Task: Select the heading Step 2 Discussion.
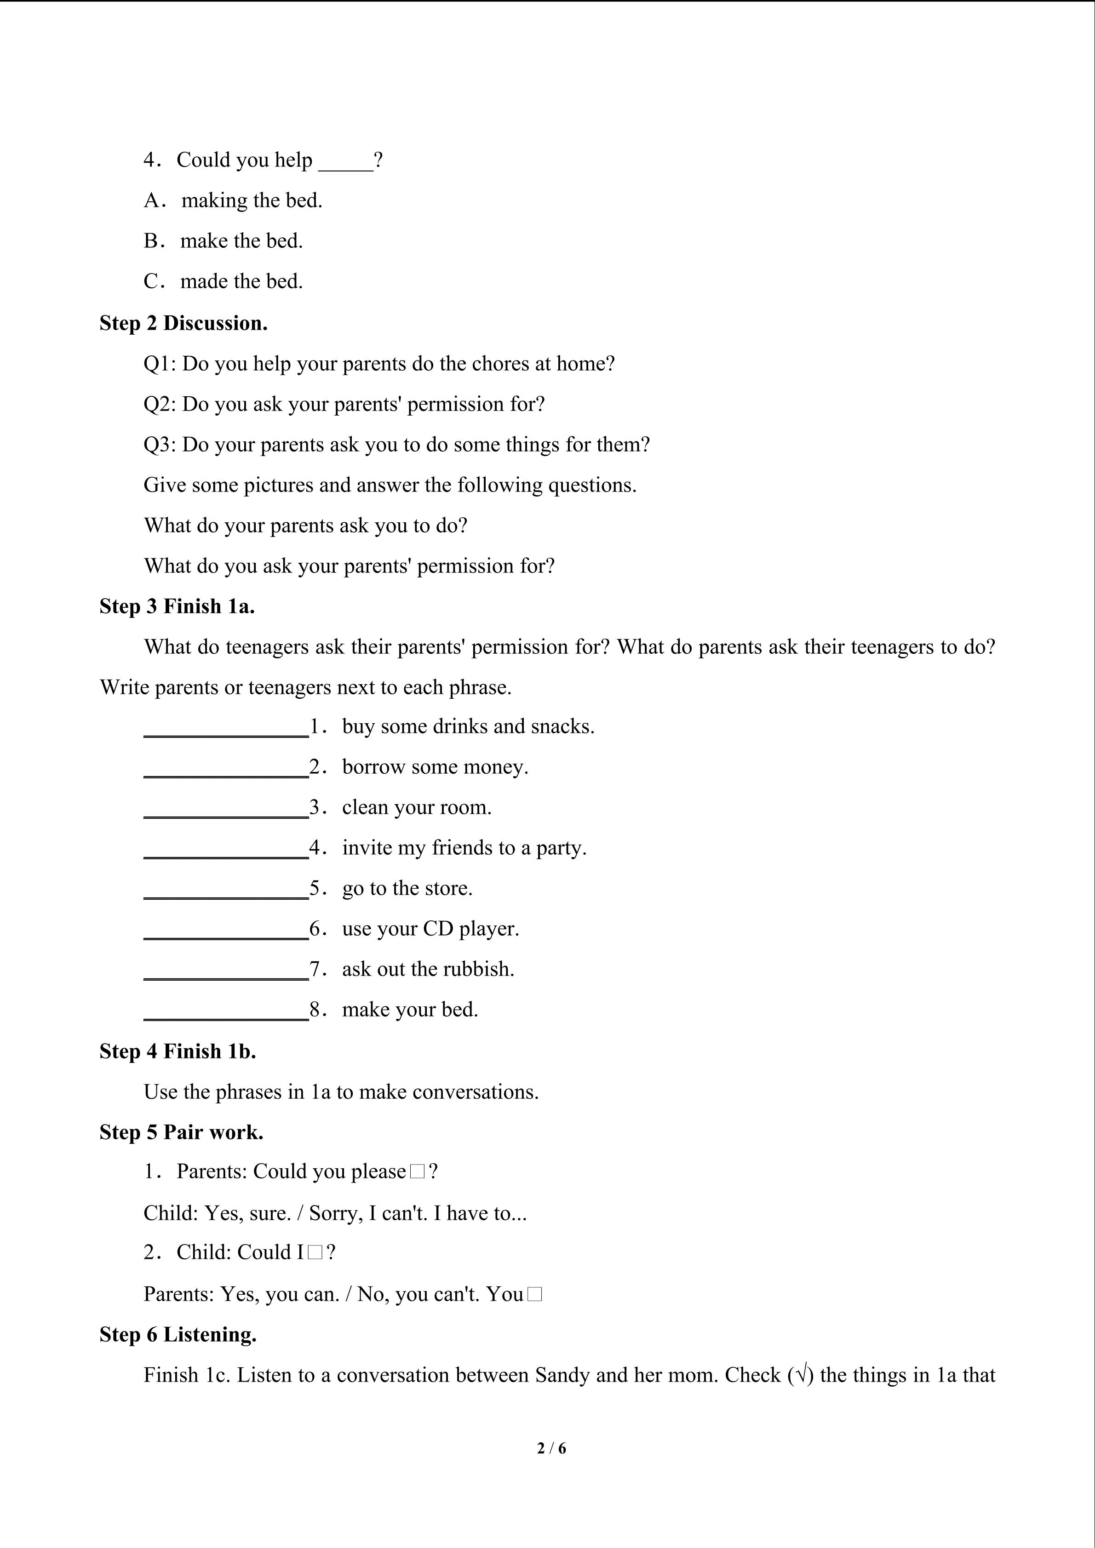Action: (x=183, y=324)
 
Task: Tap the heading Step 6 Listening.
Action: (x=178, y=1335)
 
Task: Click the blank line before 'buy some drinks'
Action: (x=226, y=728)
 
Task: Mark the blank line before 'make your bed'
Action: (x=226, y=1011)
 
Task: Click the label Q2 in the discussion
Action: (x=159, y=405)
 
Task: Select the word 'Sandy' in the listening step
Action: (x=562, y=1376)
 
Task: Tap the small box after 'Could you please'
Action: (x=417, y=1172)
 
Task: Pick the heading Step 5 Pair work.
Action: (x=181, y=1133)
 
